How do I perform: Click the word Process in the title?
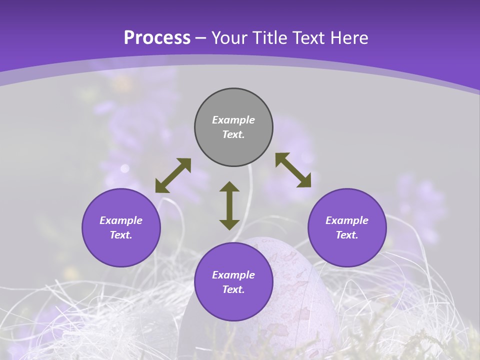click(157, 38)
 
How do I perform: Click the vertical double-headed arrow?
click(229, 205)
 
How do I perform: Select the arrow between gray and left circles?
click(173, 175)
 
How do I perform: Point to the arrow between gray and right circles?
click(293, 170)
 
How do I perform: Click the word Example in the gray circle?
click(233, 120)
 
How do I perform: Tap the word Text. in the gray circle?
click(233, 134)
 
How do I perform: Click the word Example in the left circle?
click(121, 220)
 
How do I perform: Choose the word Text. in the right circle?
click(347, 235)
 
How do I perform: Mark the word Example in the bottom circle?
click(233, 275)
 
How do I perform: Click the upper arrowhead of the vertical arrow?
click(229, 186)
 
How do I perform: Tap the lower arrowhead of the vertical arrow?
click(229, 224)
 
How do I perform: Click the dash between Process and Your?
click(201, 38)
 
